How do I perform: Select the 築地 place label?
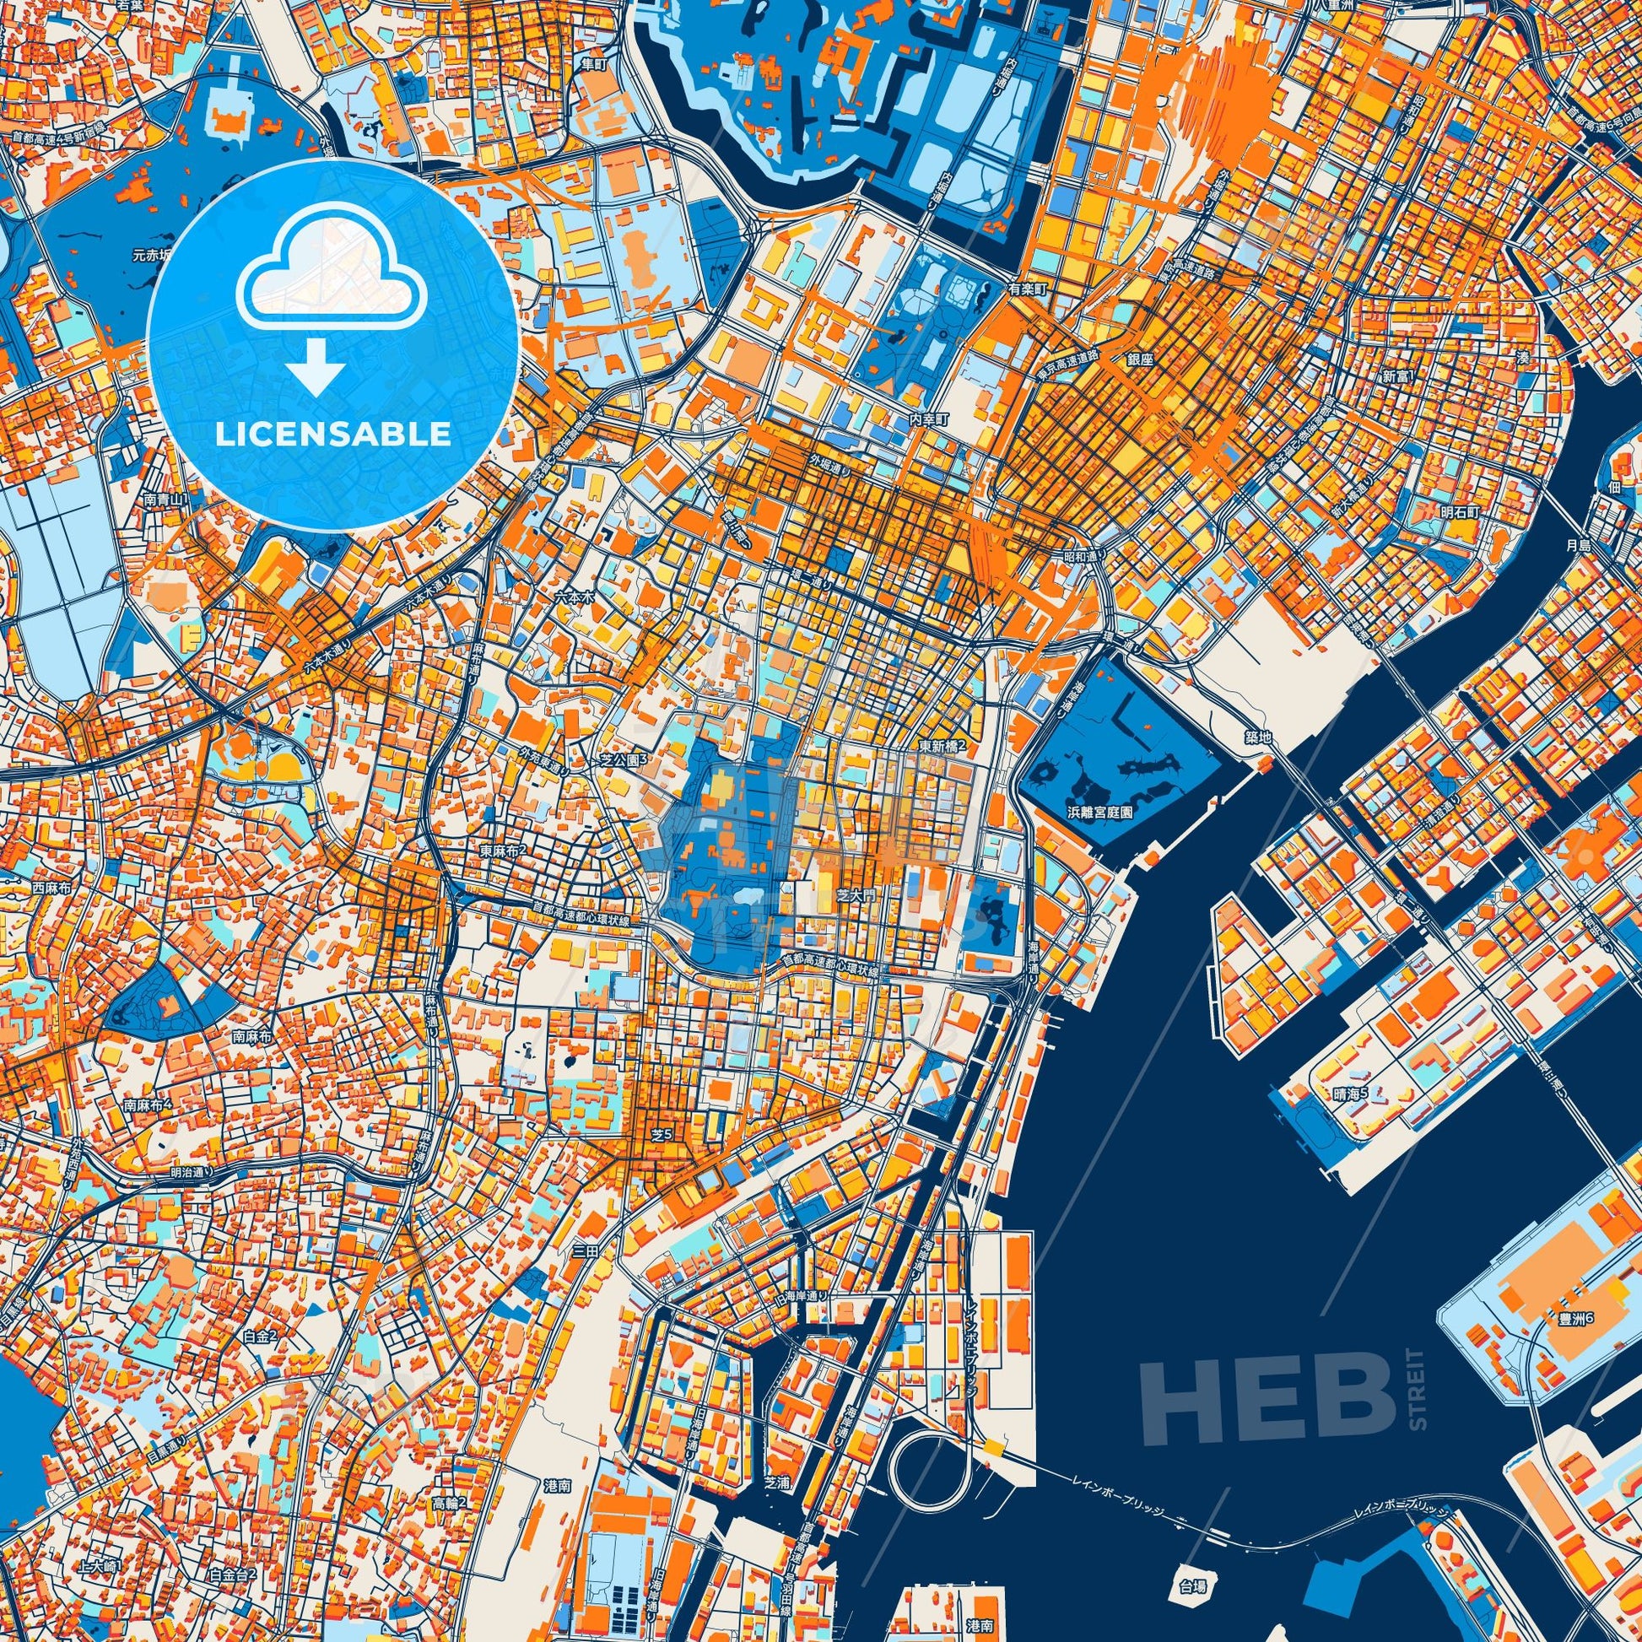(1261, 738)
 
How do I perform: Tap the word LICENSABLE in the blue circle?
(332, 435)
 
